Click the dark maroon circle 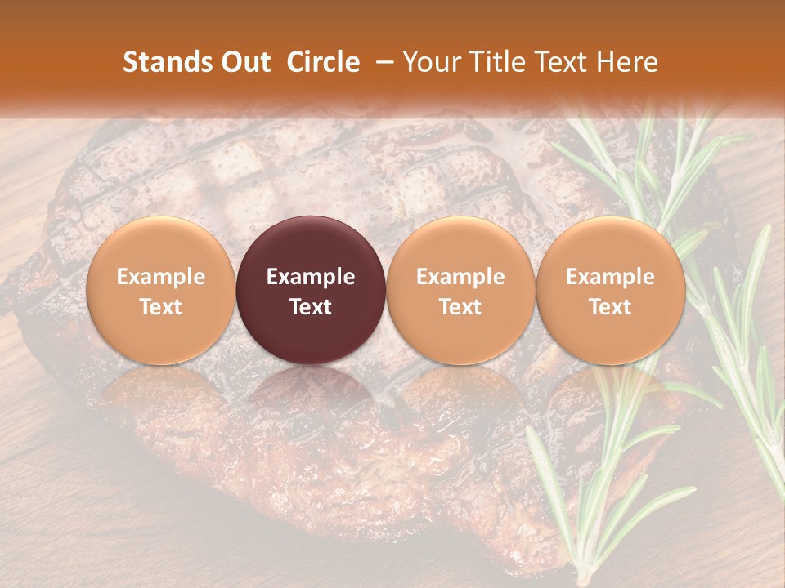[311, 291]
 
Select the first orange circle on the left [161, 291]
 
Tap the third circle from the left [460, 291]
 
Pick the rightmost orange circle [611, 291]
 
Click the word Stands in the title [168, 62]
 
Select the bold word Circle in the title [323, 62]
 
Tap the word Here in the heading [628, 62]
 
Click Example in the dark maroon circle [311, 277]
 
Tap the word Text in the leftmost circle [161, 307]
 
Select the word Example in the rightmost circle [611, 277]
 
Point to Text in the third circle [460, 307]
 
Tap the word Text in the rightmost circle [611, 307]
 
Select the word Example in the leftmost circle [161, 277]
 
